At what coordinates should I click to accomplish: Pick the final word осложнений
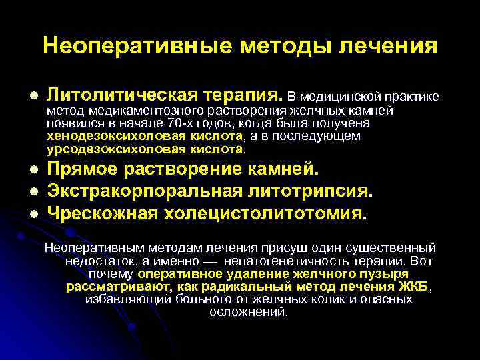coord(249,312)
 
